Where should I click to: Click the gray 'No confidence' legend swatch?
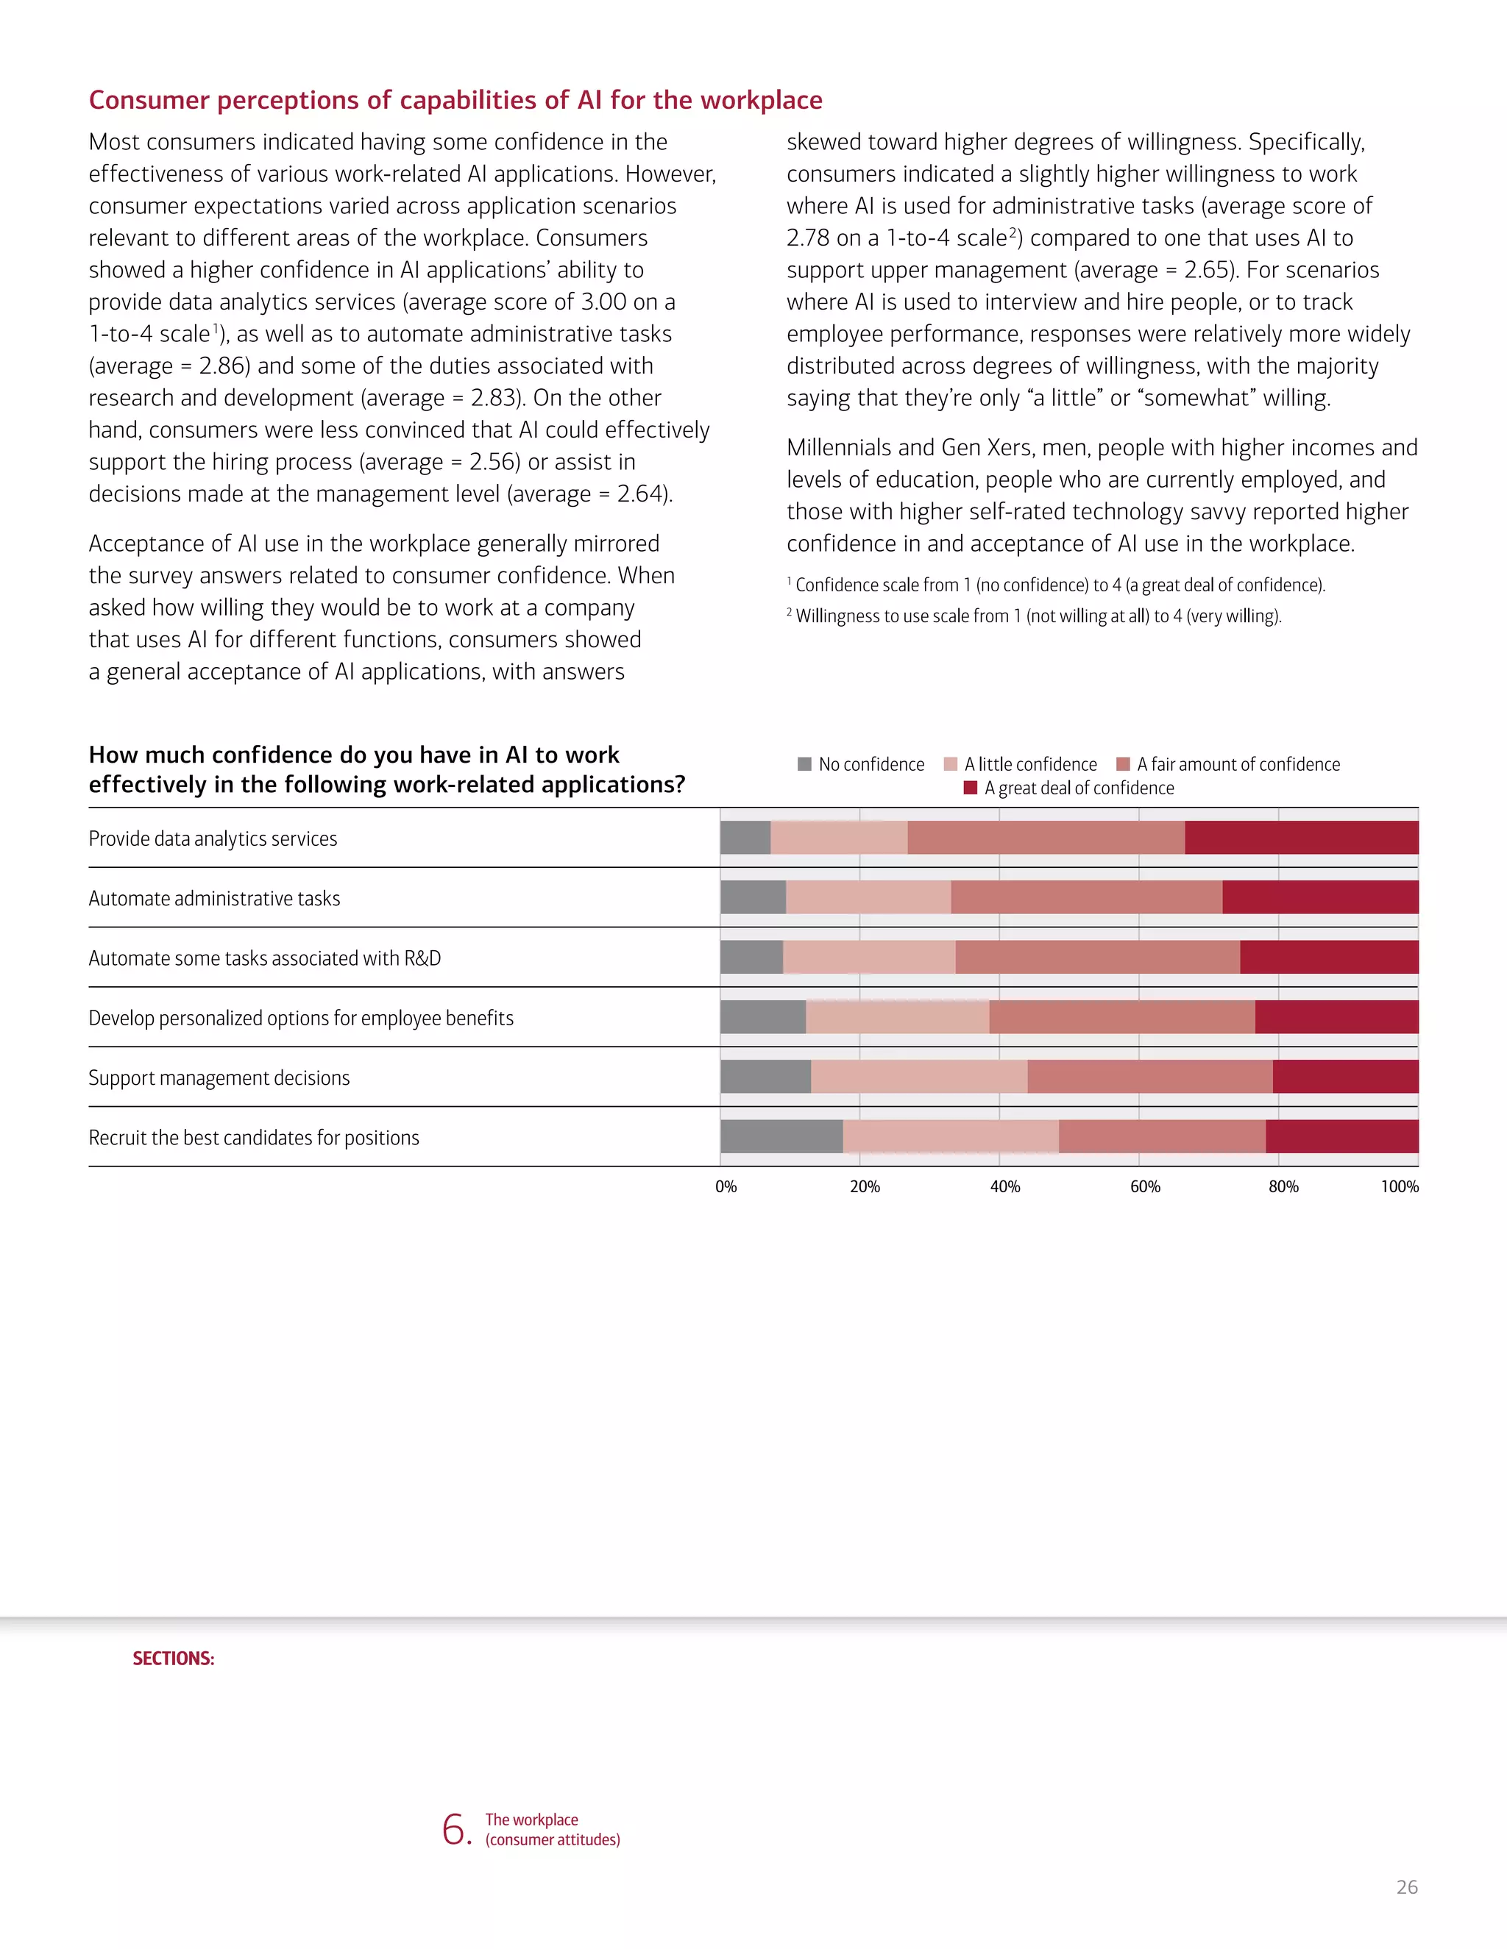(x=804, y=764)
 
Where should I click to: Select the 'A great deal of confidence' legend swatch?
(x=971, y=788)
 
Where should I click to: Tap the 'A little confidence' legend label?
(x=1029, y=765)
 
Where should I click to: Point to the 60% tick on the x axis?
(x=1144, y=1187)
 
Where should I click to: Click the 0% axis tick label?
(x=726, y=1187)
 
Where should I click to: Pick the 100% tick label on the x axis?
(x=1399, y=1187)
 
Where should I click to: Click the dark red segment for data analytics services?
(x=1301, y=838)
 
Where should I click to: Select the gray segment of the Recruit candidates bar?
(x=781, y=1136)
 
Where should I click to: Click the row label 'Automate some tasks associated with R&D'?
(x=264, y=958)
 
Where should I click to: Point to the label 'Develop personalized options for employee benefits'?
(x=301, y=1018)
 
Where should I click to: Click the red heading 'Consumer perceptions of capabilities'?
(x=455, y=100)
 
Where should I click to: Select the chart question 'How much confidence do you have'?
(x=386, y=769)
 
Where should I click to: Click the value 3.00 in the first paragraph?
(x=603, y=302)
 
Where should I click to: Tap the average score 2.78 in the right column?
(x=807, y=238)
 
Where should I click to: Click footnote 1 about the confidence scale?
(x=1059, y=585)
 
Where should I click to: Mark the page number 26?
(x=1406, y=1886)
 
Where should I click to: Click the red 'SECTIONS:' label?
(x=173, y=1658)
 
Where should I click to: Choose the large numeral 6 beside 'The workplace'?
(x=455, y=1828)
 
